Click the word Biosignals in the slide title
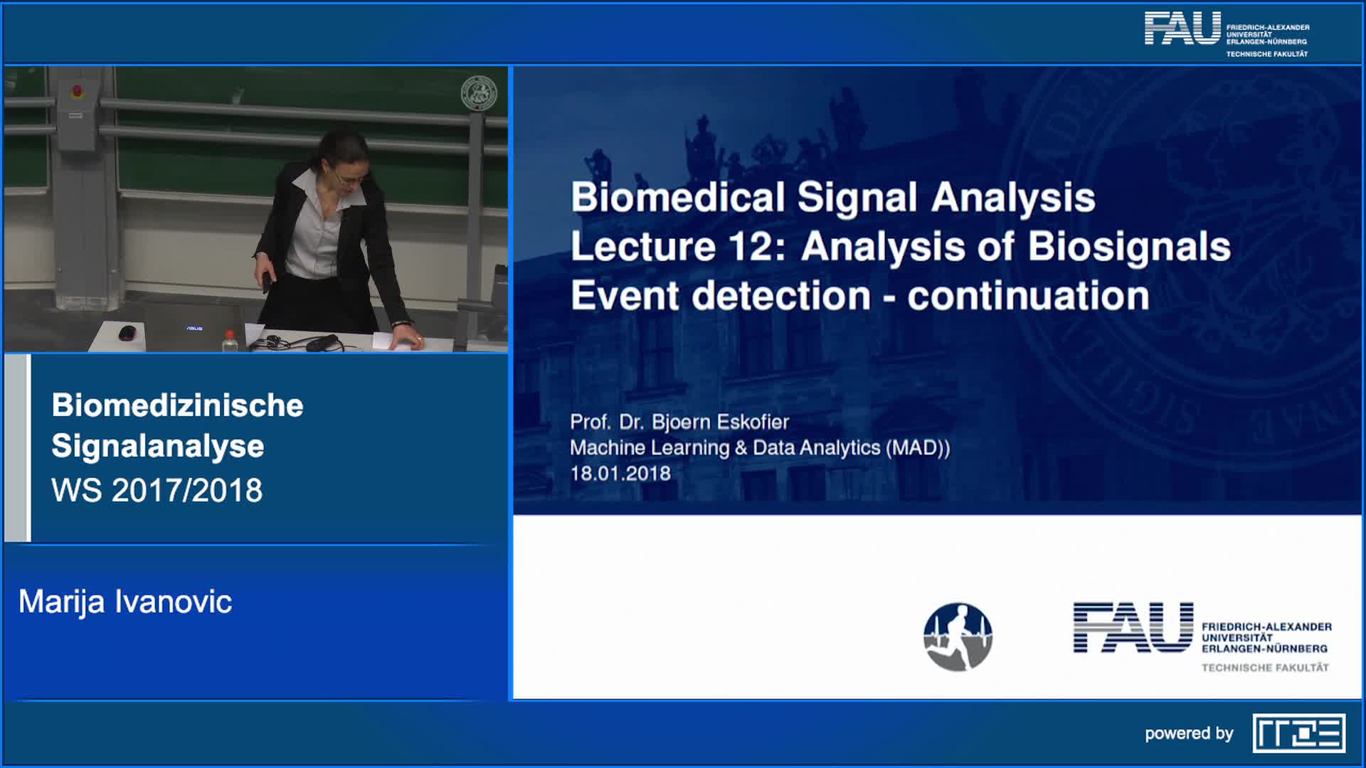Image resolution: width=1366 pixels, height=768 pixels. [1129, 247]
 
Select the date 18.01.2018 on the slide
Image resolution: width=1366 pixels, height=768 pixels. [620, 474]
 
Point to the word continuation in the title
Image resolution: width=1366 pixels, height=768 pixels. [1028, 296]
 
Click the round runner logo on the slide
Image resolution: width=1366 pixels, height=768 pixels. [958, 637]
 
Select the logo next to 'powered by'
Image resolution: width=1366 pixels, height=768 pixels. [1299, 733]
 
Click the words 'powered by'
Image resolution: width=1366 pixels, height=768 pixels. [1189, 734]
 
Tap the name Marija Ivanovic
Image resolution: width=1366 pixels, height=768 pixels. [125, 602]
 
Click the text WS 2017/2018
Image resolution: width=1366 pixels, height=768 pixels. [157, 491]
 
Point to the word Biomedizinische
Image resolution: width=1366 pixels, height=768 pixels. [178, 405]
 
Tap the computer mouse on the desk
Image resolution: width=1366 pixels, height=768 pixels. [127, 332]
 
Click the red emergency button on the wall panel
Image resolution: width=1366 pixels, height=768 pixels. [77, 91]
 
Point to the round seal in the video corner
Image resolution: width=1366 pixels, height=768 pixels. [479, 93]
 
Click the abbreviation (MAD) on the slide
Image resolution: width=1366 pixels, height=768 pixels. [918, 448]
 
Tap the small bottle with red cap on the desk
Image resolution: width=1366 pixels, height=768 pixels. [229, 341]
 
